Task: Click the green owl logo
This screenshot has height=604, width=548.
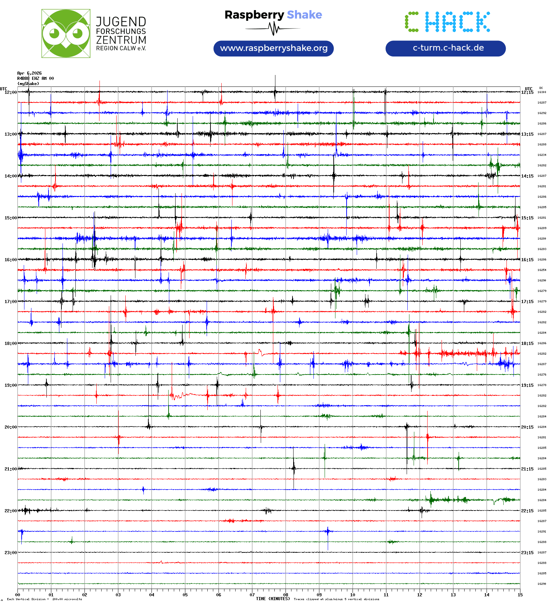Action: pyautogui.click(x=66, y=33)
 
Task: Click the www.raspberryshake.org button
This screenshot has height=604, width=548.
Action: pyautogui.click(x=273, y=48)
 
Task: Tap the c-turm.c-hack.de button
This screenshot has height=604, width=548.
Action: pyautogui.click(x=445, y=48)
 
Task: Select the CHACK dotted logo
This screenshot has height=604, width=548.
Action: pyautogui.click(x=447, y=22)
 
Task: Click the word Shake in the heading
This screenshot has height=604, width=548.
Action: pyautogui.click(x=304, y=15)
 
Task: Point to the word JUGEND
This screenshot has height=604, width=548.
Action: pyautogui.click(x=121, y=22)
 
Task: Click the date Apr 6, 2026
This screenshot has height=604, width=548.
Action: pyautogui.click(x=29, y=73)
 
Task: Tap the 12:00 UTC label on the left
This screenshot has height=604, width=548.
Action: pyautogui.click(x=10, y=92)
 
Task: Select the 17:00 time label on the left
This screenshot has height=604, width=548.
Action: pyautogui.click(x=10, y=302)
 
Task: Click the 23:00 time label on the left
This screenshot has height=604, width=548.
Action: pyautogui.click(x=10, y=553)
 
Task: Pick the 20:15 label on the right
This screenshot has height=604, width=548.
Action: pyautogui.click(x=527, y=427)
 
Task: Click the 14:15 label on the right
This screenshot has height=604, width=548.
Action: pyautogui.click(x=527, y=176)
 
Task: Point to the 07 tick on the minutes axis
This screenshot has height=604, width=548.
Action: pyautogui.click(x=252, y=595)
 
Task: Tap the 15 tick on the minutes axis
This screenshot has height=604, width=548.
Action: pyautogui.click(x=520, y=595)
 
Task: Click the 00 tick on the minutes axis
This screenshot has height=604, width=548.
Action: pyautogui.click(x=18, y=595)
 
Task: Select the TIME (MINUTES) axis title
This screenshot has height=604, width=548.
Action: pyautogui.click(x=273, y=598)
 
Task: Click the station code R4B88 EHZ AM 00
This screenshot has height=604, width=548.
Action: pyautogui.click(x=35, y=78)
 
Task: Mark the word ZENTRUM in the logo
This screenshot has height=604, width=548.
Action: pyautogui.click(x=121, y=40)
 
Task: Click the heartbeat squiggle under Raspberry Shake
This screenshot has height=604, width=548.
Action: pyautogui.click(x=273, y=29)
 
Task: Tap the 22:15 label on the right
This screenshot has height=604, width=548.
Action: pyautogui.click(x=527, y=511)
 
